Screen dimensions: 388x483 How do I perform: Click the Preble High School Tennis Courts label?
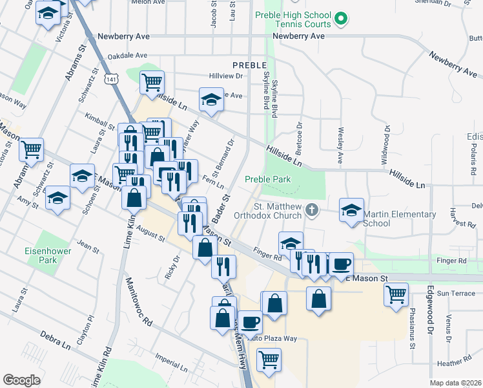302,19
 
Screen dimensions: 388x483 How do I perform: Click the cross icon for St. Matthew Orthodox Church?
312,210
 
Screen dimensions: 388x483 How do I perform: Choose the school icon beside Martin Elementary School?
352,211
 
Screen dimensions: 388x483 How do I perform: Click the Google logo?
21,380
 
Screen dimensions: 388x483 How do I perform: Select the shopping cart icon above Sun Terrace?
396,294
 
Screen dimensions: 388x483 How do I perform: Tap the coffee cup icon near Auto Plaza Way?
249,321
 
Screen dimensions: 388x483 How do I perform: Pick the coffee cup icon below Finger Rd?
341,263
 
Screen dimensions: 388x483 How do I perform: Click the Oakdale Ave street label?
127,56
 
